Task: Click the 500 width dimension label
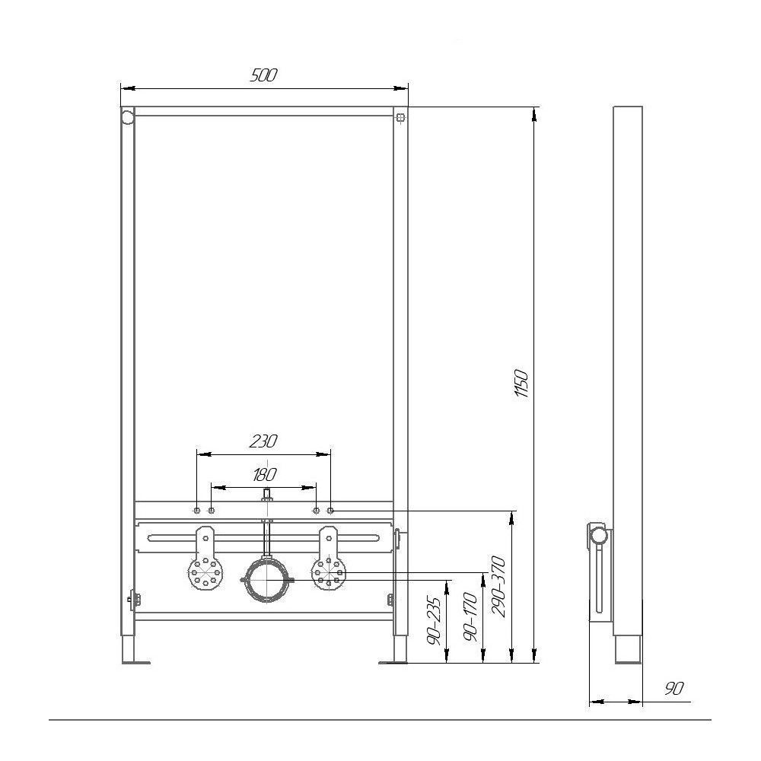(x=263, y=75)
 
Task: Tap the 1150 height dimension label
(x=521, y=384)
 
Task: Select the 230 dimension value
(x=263, y=441)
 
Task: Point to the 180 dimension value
(x=264, y=474)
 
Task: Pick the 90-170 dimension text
(x=470, y=617)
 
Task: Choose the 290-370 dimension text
(x=498, y=586)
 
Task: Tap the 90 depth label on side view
(x=674, y=688)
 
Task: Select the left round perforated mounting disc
(x=205, y=574)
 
